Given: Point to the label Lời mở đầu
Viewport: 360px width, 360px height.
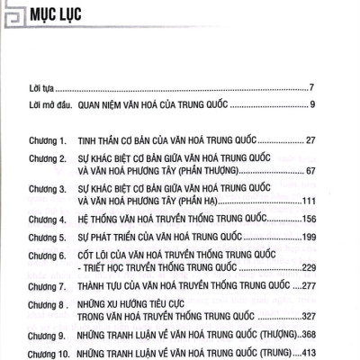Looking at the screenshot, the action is click(x=48, y=107).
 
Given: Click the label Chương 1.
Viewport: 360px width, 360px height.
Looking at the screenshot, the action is click(x=49, y=142).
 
